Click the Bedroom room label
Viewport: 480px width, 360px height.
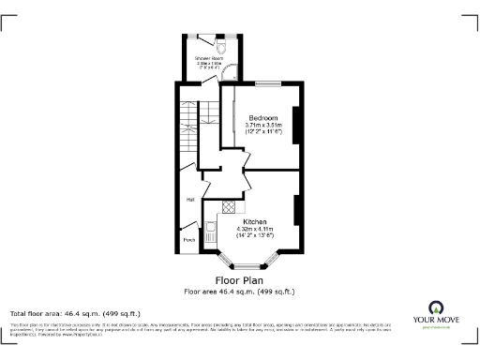click(x=262, y=117)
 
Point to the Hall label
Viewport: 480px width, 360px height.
click(x=190, y=200)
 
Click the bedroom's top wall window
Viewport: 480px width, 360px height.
click(x=267, y=84)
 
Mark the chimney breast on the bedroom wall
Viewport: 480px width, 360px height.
click(x=297, y=127)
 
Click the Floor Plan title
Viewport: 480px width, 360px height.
click(x=239, y=279)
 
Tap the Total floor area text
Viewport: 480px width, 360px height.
click(x=75, y=312)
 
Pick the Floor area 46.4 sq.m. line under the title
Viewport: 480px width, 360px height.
click(x=239, y=291)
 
